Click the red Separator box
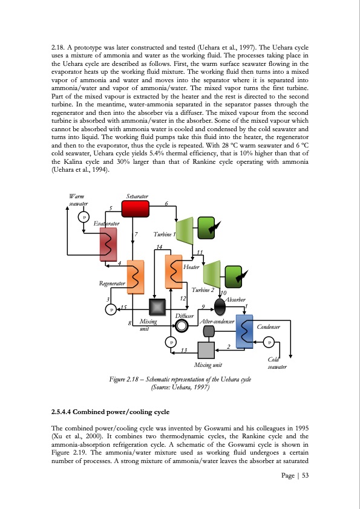pyautogui.click(x=136, y=207)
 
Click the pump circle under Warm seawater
pyautogui.click(x=85, y=218)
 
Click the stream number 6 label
pyautogui.click(x=166, y=203)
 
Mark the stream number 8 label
pyautogui.click(x=129, y=325)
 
